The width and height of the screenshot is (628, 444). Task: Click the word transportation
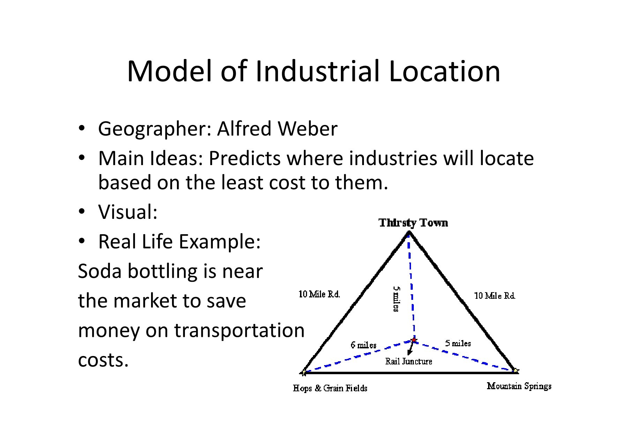click(239, 330)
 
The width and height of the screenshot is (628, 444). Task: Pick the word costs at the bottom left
click(103, 360)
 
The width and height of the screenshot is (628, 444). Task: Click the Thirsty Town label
click(413, 223)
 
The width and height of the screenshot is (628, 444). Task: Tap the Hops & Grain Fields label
click(330, 388)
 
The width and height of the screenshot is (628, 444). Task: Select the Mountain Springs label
click(519, 386)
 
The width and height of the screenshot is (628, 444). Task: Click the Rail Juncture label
click(409, 361)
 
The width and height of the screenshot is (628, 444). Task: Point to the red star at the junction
click(414, 340)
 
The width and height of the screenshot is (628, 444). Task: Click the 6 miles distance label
click(363, 345)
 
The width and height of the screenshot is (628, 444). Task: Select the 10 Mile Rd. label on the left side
click(319, 294)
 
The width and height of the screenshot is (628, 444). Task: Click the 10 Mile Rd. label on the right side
click(494, 296)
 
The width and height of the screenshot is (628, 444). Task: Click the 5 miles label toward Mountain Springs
click(458, 343)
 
